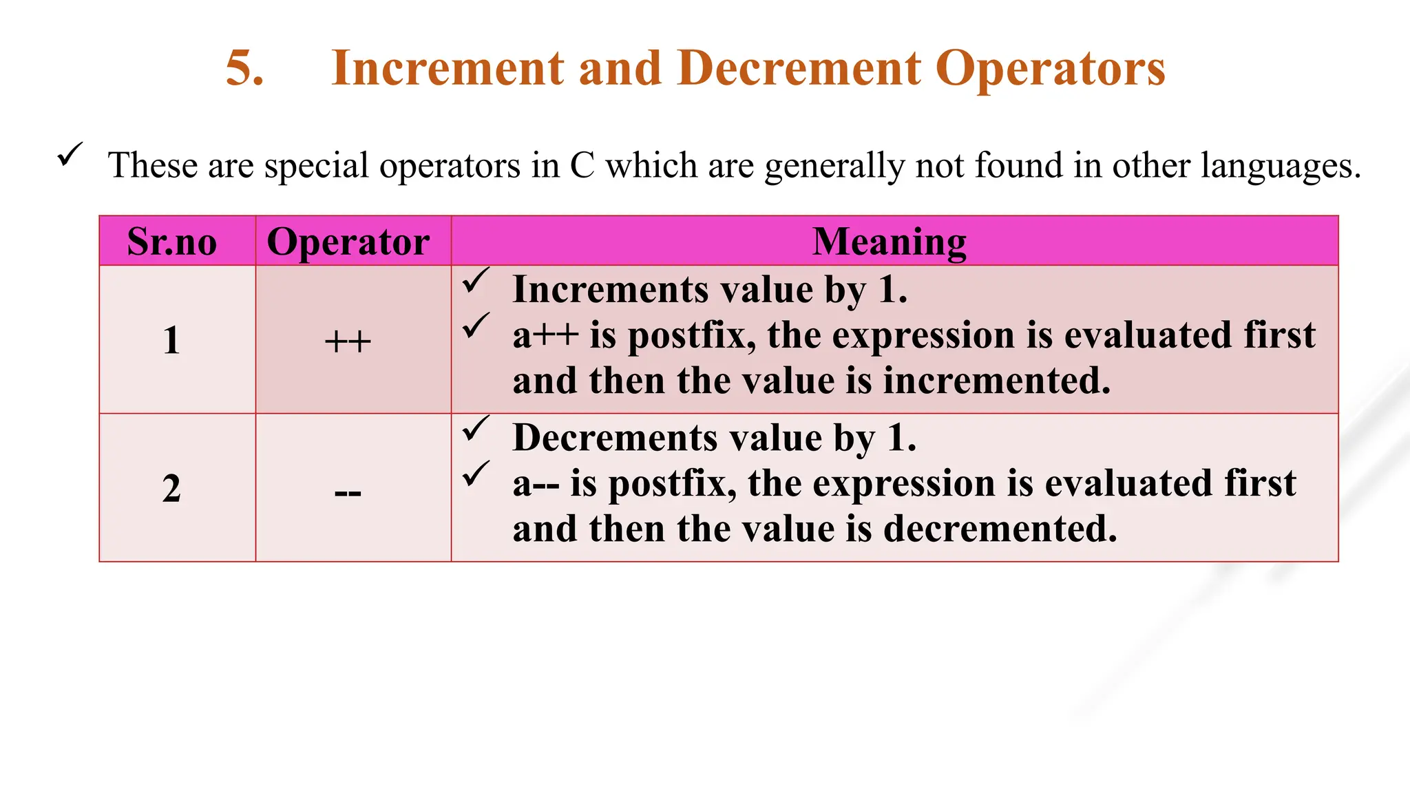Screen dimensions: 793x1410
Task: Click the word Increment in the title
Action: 448,69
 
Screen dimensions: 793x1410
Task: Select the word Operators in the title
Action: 1051,69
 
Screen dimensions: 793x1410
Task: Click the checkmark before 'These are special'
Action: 70,154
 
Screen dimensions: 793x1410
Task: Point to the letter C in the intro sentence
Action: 582,166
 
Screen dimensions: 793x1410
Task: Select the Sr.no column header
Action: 172,242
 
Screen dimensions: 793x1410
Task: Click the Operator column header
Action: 348,242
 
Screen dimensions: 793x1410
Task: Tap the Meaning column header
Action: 890,242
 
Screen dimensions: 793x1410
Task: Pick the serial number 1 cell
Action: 171,341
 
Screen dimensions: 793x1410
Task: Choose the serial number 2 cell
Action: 171,489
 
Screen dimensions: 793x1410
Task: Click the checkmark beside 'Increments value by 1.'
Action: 476,280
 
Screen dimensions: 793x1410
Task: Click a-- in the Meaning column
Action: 536,484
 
